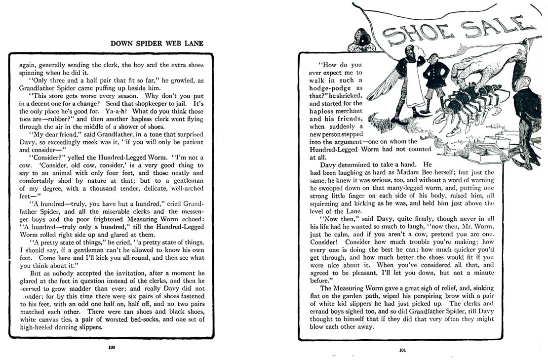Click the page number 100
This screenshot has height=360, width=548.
coord(112,347)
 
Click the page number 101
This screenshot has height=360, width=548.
coord(402,351)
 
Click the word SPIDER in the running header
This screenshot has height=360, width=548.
coord(149,43)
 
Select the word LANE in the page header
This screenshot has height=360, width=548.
coord(194,43)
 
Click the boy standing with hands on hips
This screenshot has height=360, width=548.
coord(436,84)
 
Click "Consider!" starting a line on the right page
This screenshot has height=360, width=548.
coord(326,242)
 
